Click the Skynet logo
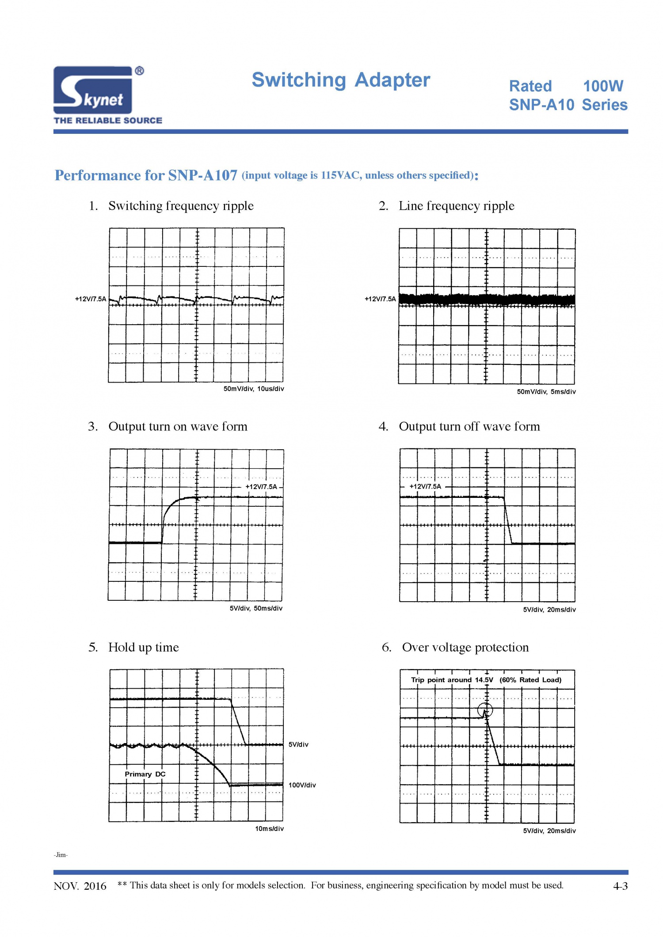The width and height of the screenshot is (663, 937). (x=93, y=90)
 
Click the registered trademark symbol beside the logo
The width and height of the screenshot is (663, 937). (x=139, y=71)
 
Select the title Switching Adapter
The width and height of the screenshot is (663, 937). (x=341, y=80)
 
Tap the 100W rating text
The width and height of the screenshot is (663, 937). (x=603, y=86)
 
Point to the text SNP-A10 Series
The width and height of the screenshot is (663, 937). (x=568, y=105)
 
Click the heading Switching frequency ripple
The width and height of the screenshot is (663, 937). (x=181, y=206)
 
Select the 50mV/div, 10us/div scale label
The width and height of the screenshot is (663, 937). (x=254, y=389)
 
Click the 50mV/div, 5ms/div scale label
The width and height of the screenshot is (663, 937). (x=546, y=392)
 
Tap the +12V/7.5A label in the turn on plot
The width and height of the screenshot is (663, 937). (x=261, y=487)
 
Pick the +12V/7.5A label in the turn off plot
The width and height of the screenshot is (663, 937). (x=425, y=486)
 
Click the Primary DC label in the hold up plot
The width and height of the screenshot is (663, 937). (x=145, y=774)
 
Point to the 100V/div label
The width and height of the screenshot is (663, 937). (x=302, y=785)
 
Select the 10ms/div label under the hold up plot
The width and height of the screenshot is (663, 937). (x=269, y=829)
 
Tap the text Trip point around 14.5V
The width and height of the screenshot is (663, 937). (x=452, y=680)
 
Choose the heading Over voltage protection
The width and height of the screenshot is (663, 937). (x=465, y=648)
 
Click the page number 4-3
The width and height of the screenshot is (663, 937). (x=621, y=886)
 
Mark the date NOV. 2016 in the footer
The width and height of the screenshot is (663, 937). (x=80, y=886)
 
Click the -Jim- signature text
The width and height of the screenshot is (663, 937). (x=61, y=855)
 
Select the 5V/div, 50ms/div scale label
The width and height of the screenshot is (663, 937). (x=256, y=608)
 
